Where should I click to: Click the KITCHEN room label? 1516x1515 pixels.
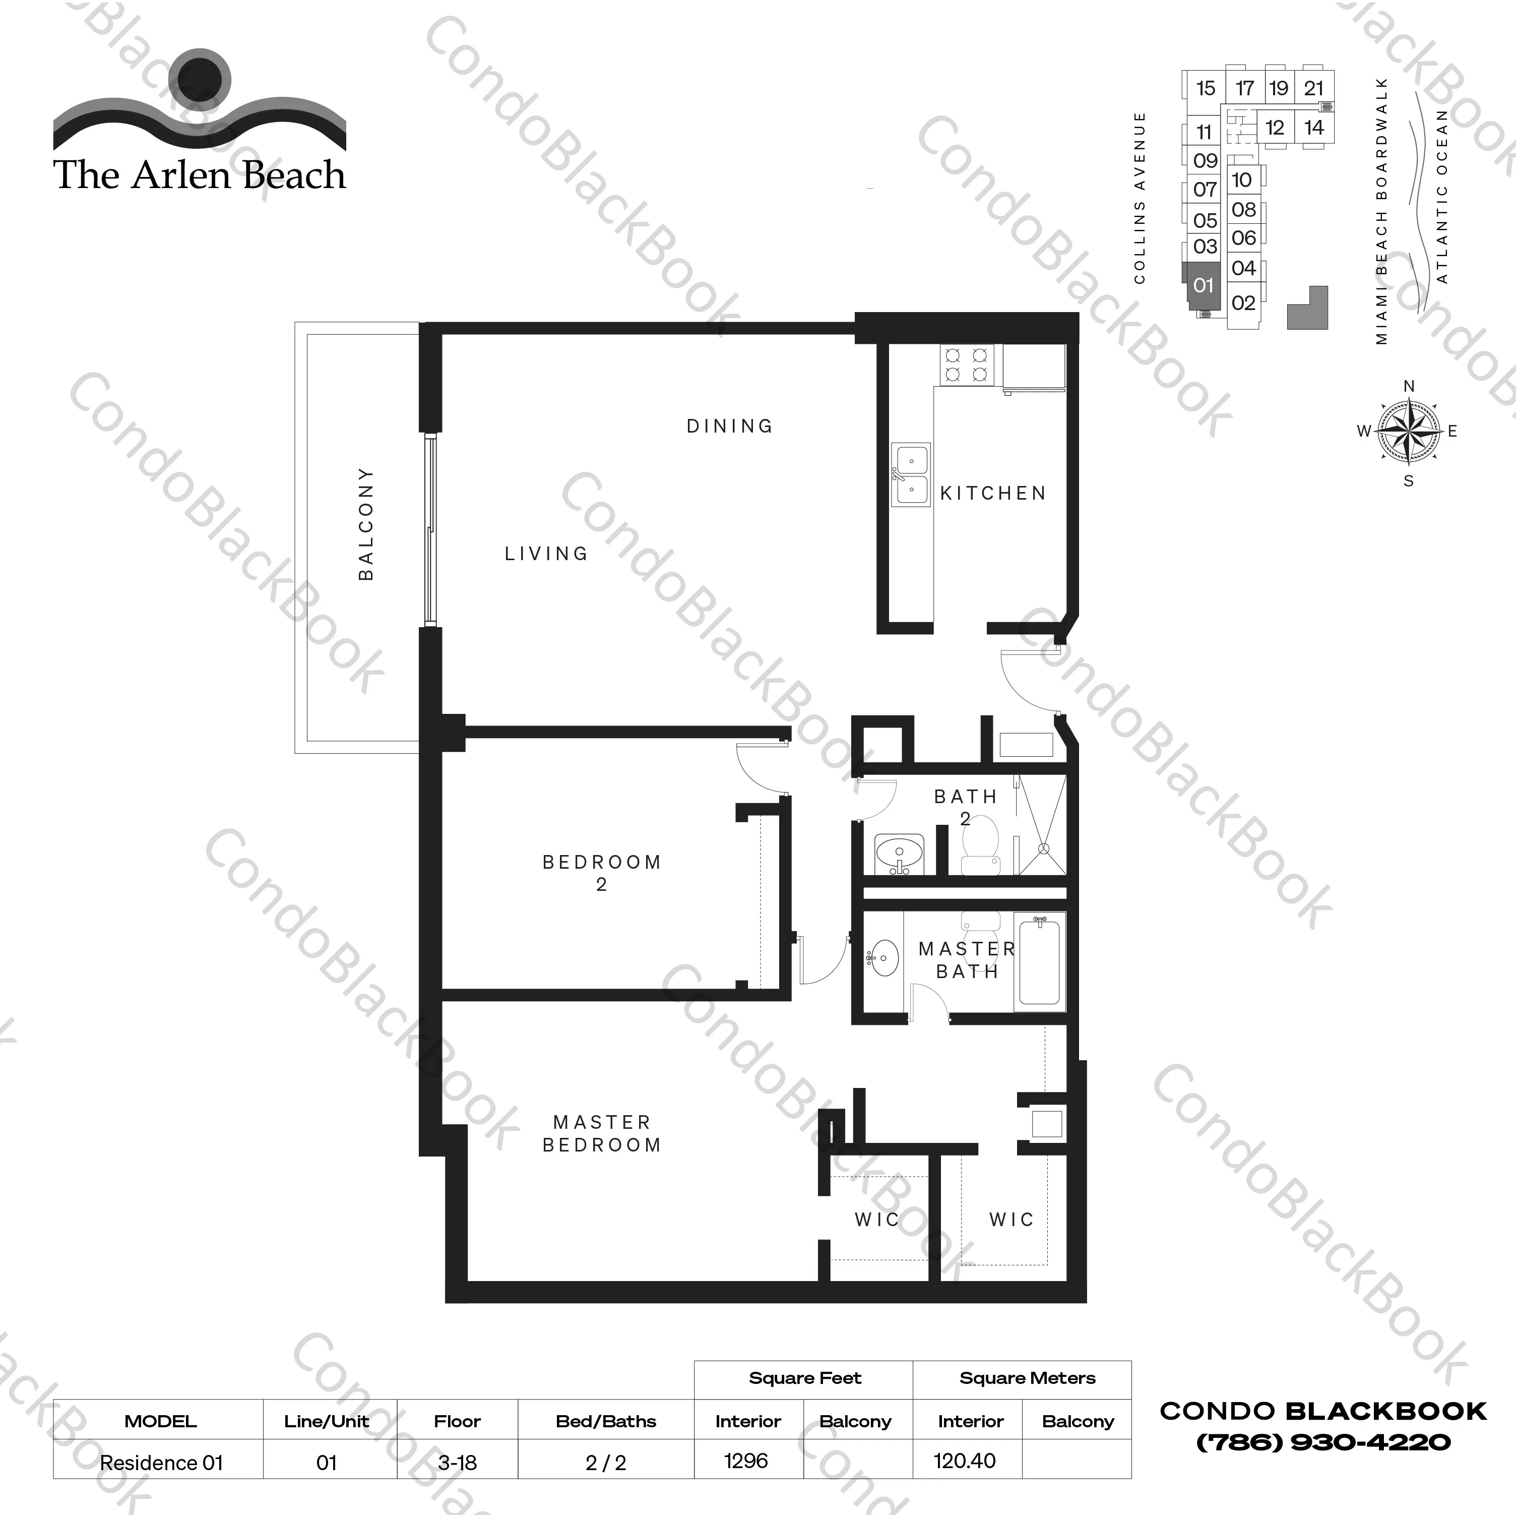[993, 493]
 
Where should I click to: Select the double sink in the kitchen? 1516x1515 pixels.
[910, 474]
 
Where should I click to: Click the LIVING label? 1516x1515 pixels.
[546, 554]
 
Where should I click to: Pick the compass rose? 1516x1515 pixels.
[1409, 432]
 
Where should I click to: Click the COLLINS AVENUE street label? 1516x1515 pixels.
[1140, 197]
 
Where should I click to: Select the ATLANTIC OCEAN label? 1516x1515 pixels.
[1441, 196]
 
